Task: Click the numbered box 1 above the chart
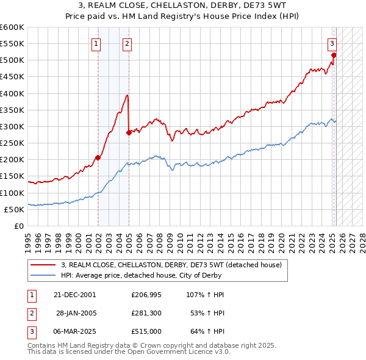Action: pyautogui.click(x=96, y=43)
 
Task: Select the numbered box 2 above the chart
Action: pyautogui.click(x=126, y=43)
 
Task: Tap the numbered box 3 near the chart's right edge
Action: pyautogui.click(x=332, y=43)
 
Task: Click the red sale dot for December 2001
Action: pyautogui.click(x=98, y=157)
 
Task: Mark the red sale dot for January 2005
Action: pyautogui.click(x=129, y=132)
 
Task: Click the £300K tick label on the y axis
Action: pyautogui.click(x=12, y=126)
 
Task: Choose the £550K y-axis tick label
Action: pyautogui.click(x=12, y=44)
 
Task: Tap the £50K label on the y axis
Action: pyautogui.click(x=14, y=209)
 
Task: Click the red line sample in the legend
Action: pyautogui.click(x=43, y=265)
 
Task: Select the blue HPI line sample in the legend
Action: pyautogui.click(x=43, y=275)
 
